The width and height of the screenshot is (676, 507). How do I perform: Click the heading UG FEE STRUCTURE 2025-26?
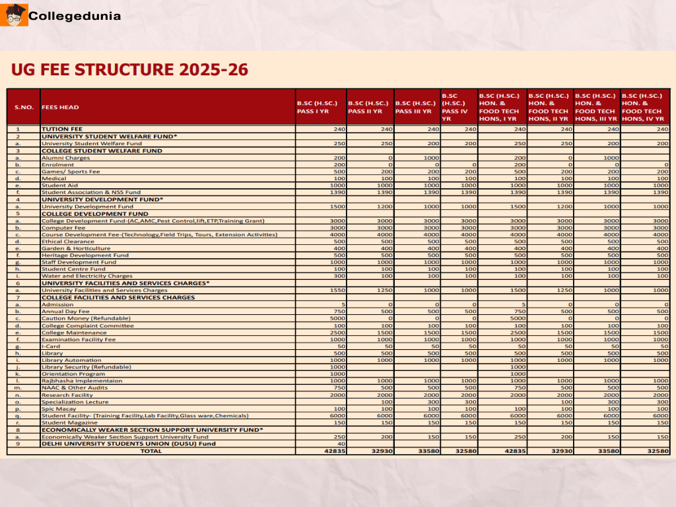click(x=129, y=70)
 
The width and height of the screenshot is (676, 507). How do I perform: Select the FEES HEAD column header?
click(x=60, y=107)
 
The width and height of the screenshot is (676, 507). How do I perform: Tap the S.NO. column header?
click(x=24, y=107)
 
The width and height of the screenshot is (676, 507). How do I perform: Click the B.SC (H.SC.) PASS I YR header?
click(x=320, y=107)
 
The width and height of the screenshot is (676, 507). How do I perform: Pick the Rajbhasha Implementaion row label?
click(x=82, y=381)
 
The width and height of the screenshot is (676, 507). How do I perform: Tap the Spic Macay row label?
click(x=56, y=409)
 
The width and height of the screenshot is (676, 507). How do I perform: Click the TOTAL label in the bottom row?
click(x=151, y=451)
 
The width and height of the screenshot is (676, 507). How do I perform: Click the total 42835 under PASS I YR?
click(x=335, y=451)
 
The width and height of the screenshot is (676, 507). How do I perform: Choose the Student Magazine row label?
click(x=70, y=422)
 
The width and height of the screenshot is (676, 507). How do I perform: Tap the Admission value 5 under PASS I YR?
click(x=343, y=304)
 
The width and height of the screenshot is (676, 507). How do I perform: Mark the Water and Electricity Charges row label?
click(x=87, y=276)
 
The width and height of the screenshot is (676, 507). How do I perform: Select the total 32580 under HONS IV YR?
click(x=658, y=451)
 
